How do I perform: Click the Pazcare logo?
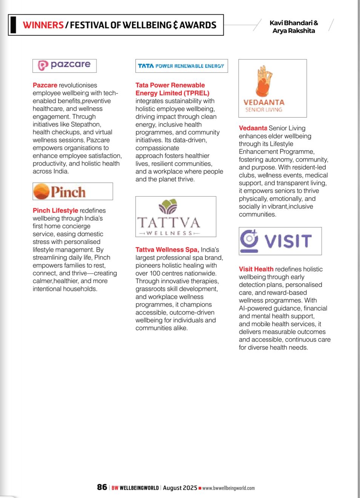[x=64, y=66]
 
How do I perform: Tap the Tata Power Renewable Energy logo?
[x=181, y=66]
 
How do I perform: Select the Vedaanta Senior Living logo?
[x=272, y=89]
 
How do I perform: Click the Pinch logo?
[x=72, y=191]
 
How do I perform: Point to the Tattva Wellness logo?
[x=176, y=217]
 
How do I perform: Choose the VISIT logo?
[x=280, y=241]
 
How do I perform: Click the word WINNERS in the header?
[x=43, y=25]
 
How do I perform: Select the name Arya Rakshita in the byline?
[x=294, y=31]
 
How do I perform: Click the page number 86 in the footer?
[x=102, y=487]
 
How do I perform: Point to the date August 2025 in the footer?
[x=180, y=488]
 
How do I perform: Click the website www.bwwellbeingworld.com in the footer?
[x=228, y=488]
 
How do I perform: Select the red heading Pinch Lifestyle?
[x=55, y=211]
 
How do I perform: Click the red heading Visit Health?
[x=256, y=269]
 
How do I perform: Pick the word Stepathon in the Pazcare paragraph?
[x=87, y=124]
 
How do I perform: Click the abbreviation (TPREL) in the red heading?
[x=196, y=93]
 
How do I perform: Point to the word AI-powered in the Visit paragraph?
[x=258, y=308]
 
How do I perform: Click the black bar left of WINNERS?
[x=14, y=25]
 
